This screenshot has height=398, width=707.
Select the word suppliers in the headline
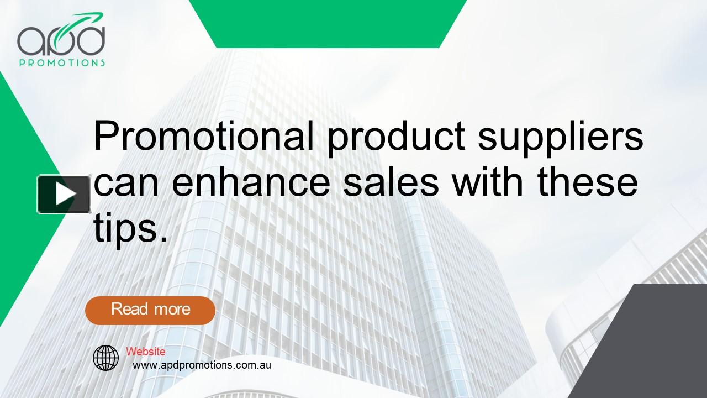click(561, 138)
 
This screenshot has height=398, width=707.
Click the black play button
click(64, 194)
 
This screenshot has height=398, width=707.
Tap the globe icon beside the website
click(105, 358)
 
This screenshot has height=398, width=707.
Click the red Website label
click(145, 352)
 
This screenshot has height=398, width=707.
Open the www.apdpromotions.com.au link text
click(202, 365)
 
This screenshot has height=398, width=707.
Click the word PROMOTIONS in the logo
click(62, 63)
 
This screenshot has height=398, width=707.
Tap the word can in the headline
click(128, 185)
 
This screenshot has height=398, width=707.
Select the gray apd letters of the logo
click(61, 40)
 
